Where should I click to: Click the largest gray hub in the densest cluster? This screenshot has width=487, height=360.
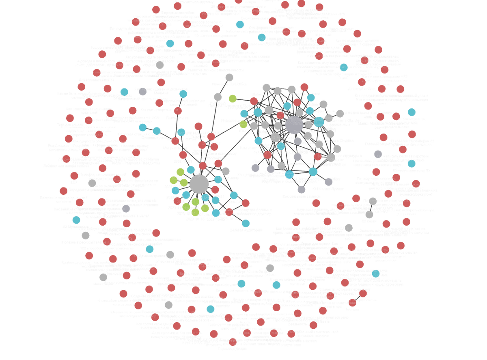point(294,125)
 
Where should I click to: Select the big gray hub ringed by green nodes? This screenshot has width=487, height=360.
point(199,184)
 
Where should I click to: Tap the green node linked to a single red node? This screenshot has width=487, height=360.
point(233,98)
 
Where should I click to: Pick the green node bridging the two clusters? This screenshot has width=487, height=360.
point(243,125)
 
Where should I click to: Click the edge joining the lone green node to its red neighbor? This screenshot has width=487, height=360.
point(243,99)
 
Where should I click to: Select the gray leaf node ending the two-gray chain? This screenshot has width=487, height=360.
point(229,77)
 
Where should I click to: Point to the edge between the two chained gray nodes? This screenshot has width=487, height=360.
point(224,87)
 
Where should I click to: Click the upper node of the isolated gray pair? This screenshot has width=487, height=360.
point(373,200)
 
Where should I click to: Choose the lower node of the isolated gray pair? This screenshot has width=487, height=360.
point(369,215)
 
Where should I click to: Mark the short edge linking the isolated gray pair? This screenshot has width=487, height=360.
point(371,207)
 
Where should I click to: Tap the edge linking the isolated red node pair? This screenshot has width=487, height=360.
point(358,298)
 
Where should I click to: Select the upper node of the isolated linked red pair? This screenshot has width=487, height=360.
point(363,294)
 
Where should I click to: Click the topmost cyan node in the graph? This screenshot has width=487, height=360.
point(240,25)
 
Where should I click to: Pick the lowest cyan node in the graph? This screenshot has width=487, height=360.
point(210,309)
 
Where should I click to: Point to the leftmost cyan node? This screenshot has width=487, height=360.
point(76,220)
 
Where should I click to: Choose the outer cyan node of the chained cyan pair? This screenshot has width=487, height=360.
point(142,127)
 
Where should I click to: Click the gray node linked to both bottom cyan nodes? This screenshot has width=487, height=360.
point(301,190)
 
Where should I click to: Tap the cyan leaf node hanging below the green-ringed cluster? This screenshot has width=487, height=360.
point(246,223)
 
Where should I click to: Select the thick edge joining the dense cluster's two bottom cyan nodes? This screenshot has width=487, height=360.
point(301,173)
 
